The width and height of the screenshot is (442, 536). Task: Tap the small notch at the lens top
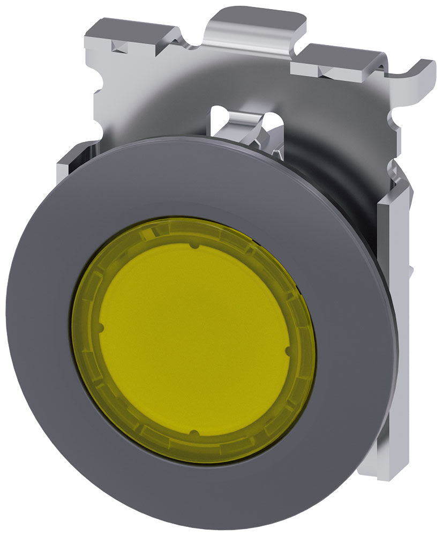[x=194, y=247]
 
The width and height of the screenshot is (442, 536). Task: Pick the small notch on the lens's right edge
[x=288, y=351]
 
